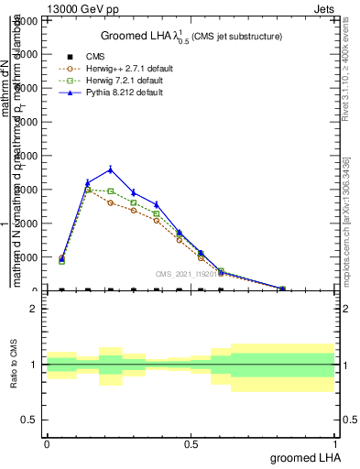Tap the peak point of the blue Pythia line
[x=111, y=169]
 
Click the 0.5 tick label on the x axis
[x=191, y=443]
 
